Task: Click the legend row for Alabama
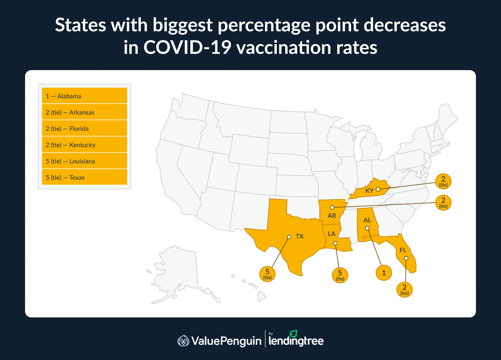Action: [x=84, y=96]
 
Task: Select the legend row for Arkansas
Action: [x=84, y=112]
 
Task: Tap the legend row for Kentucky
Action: [x=84, y=145]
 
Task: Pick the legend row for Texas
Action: [x=84, y=177]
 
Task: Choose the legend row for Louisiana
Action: [x=84, y=161]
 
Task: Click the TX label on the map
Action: [x=299, y=236]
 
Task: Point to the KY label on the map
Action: [x=369, y=191]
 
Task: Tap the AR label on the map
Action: [x=332, y=216]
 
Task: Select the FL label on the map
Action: [x=403, y=250]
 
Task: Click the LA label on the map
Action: [x=331, y=234]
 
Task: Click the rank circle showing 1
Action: [x=384, y=273]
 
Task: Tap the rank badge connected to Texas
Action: [x=267, y=274]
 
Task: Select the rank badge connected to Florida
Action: [x=404, y=289]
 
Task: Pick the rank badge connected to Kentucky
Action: [x=443, y=181]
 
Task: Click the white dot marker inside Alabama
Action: [x=367, y=228]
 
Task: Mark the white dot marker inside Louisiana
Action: [x=335, y=243]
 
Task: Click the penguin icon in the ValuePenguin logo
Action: [x=183, y=341]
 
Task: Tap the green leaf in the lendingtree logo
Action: [x=293, y=334]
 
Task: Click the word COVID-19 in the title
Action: [x=187, y=48]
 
